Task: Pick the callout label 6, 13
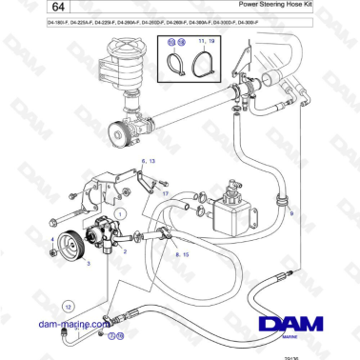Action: pos(148,162)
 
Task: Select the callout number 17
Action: pos(164,193)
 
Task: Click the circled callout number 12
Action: pos(69,307)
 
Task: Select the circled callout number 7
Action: pos(110,336)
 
